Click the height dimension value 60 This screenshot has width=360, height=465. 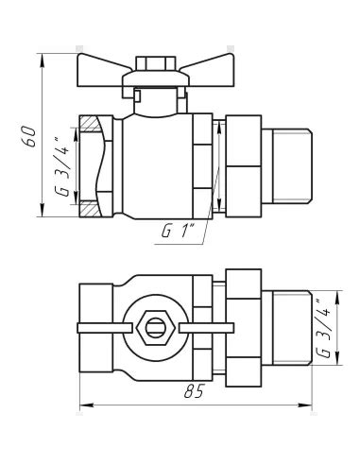(x=30, y=136)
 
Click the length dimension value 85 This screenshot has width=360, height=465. (x=194, y=391)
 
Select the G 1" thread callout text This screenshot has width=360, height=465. (x=179, y=232)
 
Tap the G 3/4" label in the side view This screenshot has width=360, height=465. (x=62, y=166)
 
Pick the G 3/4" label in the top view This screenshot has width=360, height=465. (x=324, y=329)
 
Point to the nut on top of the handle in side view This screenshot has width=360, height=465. (x=156, y=63)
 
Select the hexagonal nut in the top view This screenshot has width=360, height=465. (x=156, y=328)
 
